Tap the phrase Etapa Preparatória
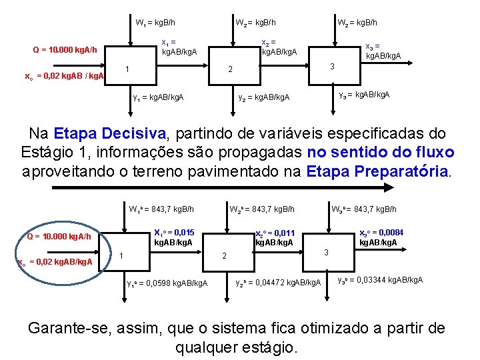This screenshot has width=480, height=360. point(378,171)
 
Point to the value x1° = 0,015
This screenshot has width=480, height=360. point(174,233)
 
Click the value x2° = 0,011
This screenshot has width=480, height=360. point(275,233)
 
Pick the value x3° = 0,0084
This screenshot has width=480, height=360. point(381,232)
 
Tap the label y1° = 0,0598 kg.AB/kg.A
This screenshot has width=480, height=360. point(167,283)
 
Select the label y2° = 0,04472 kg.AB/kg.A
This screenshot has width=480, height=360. point(278,283)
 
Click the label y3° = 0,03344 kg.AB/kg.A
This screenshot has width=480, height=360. point(380,279)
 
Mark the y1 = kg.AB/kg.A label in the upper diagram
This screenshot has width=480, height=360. point(158,98)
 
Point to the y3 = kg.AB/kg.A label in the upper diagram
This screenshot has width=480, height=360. point(365,95)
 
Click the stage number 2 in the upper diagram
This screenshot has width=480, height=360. point(229,69)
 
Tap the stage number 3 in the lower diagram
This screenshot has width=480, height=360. point(325,252)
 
